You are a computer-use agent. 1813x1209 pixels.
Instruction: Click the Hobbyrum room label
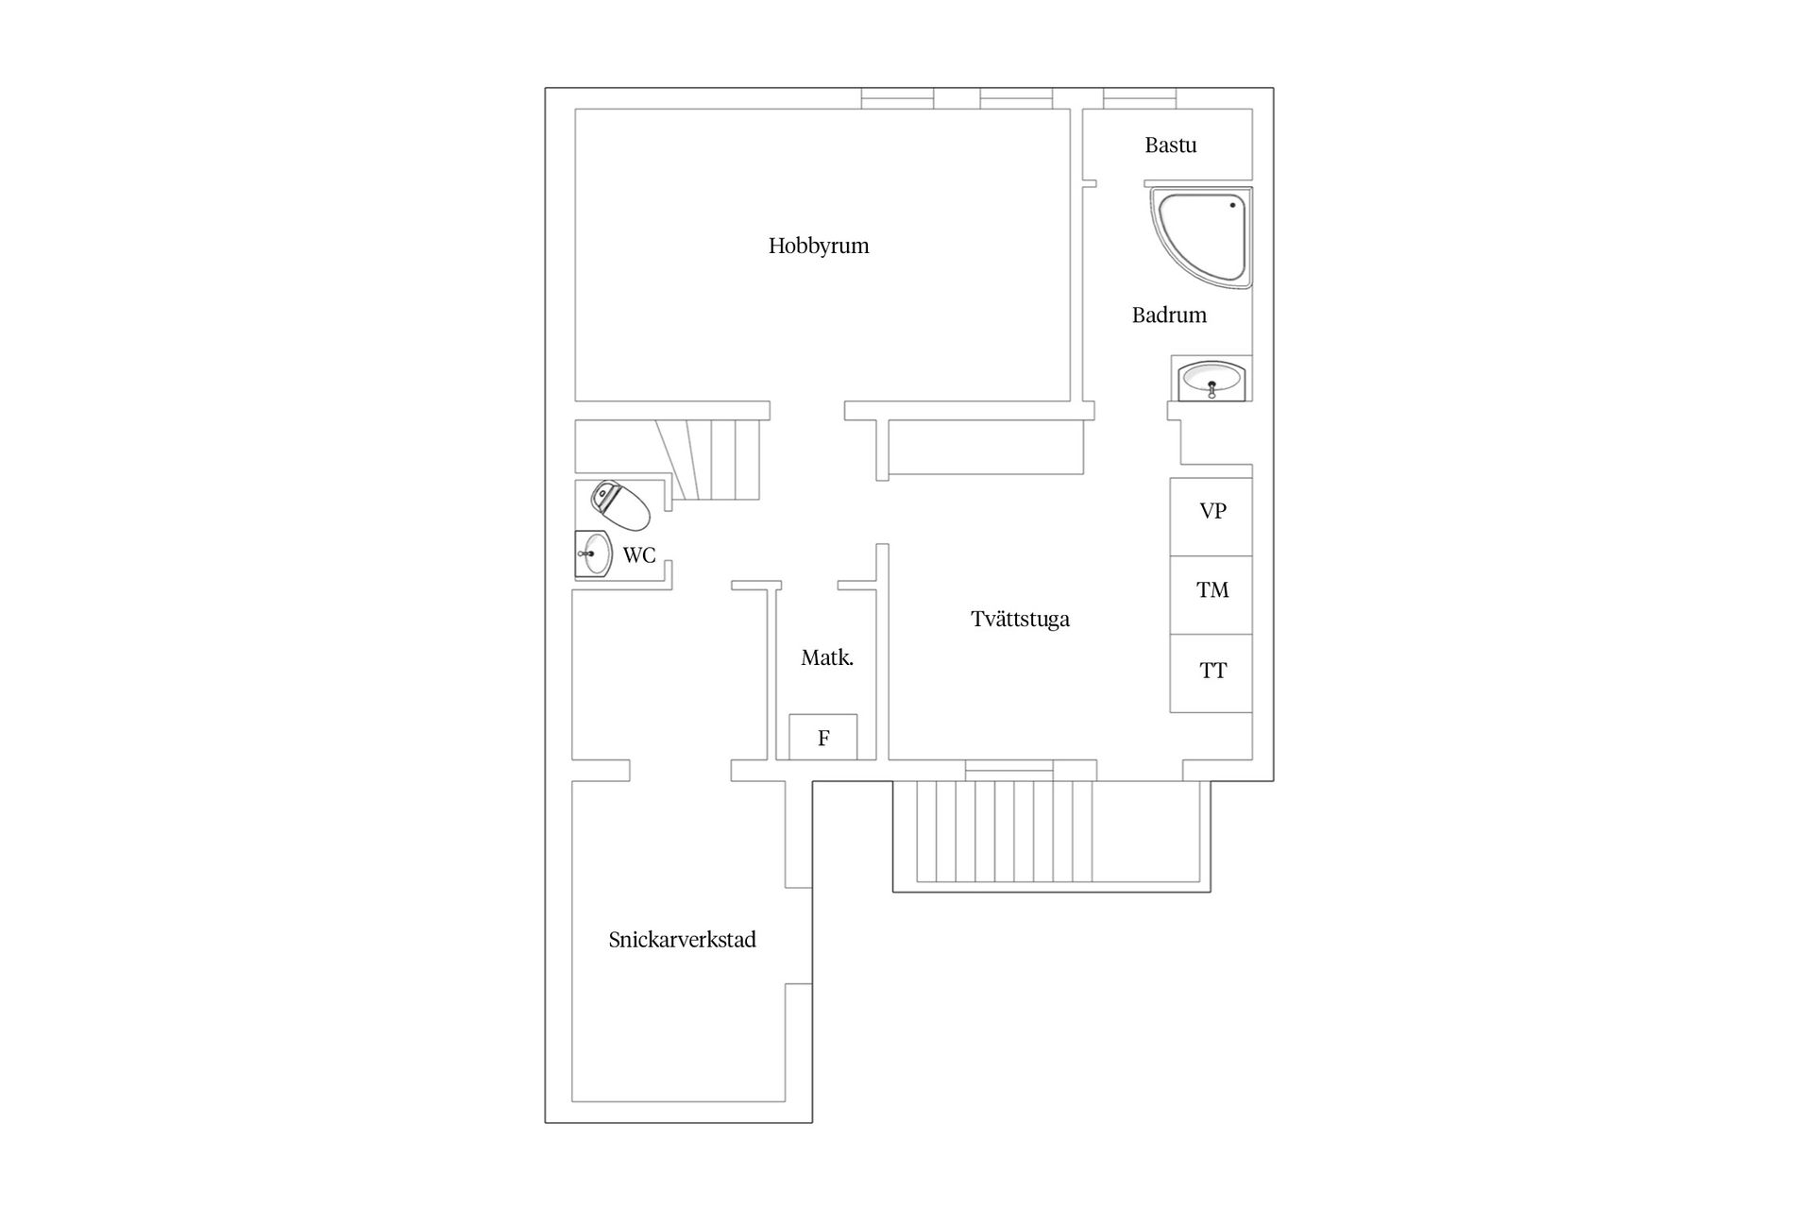819,247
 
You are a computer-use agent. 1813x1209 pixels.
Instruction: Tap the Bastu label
1171,145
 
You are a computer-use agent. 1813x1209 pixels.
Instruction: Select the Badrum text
1169,315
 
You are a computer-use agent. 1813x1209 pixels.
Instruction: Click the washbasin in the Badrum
1211,379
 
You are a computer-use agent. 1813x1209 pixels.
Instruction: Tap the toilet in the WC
620,505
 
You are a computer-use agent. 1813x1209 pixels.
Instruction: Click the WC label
639,555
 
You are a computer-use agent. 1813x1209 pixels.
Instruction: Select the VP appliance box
1211,517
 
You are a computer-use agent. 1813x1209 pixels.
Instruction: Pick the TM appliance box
1211,595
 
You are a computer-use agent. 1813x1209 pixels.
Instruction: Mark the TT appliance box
1211,673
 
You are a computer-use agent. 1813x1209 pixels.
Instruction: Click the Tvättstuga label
1020,620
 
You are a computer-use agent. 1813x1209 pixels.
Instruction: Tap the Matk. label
827,658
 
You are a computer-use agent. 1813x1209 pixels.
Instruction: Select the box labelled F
823,737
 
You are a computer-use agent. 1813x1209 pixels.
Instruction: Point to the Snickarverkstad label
683,940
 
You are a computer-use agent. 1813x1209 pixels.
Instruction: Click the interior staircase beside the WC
713,460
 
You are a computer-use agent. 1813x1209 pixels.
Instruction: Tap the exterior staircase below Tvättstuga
1005,831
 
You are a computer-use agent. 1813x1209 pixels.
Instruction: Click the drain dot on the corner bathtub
1232,205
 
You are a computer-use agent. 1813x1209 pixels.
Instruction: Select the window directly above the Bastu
1140,98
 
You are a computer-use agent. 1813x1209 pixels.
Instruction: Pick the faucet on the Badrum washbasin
1211,388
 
